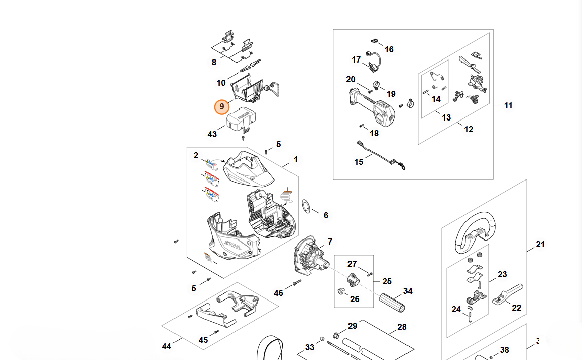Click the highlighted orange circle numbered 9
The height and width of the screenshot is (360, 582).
click(x=222, y=107)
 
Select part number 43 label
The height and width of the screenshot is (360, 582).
click(x=212, y=135)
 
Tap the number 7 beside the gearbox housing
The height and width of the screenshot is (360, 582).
click(x=330, y=242)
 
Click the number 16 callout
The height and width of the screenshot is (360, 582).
click(x=389, y=49)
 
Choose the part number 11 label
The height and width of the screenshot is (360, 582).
click(x=508, y=105)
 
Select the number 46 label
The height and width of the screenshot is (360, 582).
click(x=278, y=293)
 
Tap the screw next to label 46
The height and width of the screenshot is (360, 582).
click(x=296, y=283)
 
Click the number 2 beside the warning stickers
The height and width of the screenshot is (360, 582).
click(x=196, y=156)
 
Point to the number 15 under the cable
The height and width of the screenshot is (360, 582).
click(x=359, y=162)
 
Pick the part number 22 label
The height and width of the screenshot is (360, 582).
click(x=516, y=308)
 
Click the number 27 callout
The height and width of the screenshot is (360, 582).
click(x=352, y=264)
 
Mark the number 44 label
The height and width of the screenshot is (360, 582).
click(x=166, y=346)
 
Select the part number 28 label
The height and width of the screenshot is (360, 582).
click(x=401, y=327)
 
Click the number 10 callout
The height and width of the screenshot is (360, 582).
click(x=221, y=83)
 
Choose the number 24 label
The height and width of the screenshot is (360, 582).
click(x=456, y=309)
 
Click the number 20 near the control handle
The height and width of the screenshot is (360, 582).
click(x=351, y=79)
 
